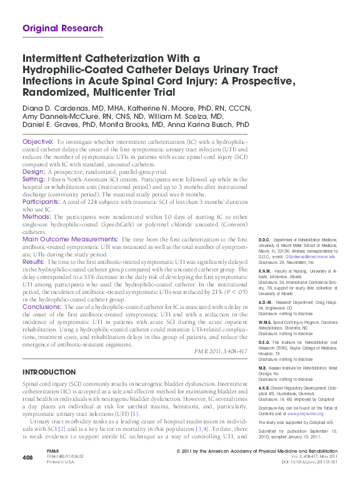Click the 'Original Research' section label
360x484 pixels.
[62, 28]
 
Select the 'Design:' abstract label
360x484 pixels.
[34, 171]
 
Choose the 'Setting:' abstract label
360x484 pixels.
[35, 178]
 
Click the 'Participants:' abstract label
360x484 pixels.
[42, 203]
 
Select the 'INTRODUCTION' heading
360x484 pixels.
[49, 371]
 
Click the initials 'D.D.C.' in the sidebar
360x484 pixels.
[264, 239]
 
